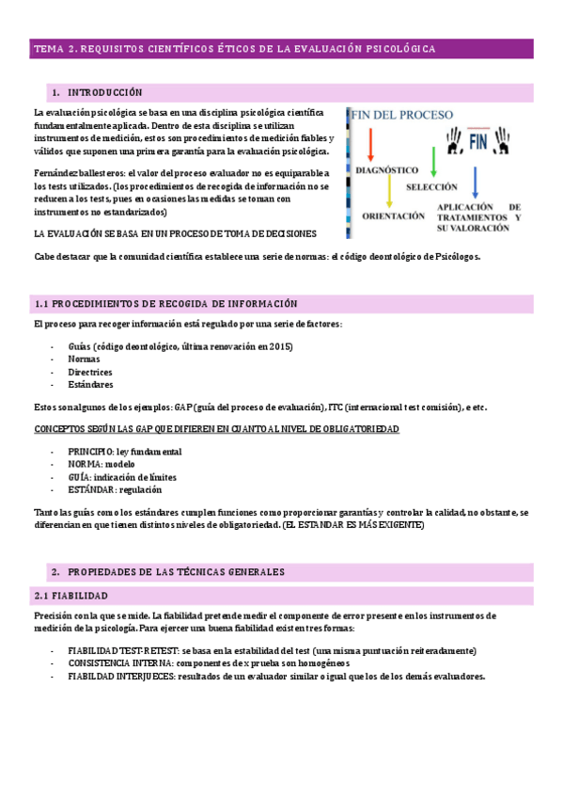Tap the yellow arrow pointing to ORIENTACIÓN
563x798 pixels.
click(x=388, y=192)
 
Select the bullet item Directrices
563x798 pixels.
click(x=89, y=373)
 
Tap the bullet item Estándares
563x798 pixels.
click(x=89, y=385)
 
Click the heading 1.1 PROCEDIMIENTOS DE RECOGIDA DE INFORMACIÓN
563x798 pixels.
click(x=165, y=304)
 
